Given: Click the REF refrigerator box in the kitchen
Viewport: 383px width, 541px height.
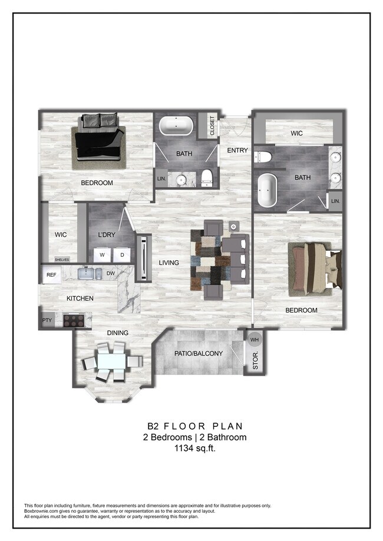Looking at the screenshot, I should [x=51, y=274].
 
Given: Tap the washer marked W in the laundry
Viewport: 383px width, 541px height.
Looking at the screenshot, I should [x=102, y=255].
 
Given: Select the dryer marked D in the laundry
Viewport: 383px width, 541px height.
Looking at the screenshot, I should [x=122, y=255].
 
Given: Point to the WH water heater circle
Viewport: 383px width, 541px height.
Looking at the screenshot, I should [x=255, y=340].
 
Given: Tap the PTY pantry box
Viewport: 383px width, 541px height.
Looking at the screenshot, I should [x=47, y=320].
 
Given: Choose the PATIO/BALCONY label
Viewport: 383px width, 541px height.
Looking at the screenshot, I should [x=198, y=353].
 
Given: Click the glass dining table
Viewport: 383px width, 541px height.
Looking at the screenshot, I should [x=110, y=361].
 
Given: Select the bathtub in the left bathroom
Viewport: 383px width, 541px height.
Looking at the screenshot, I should [x=176, y=126].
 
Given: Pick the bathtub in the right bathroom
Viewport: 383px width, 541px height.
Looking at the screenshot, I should [x=267, y=190].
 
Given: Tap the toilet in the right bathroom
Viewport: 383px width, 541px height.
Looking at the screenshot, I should [x=263, y=157].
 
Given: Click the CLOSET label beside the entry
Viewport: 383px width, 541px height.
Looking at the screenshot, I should [x=212, y=126].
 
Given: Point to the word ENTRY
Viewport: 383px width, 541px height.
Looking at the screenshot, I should [x=237, y=151].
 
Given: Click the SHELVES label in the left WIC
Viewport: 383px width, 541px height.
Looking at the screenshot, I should [x=62, y=260].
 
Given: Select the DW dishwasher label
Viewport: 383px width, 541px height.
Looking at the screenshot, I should [x=110, y=274].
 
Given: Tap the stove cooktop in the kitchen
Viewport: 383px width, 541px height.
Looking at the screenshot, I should [x=74, y=320].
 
